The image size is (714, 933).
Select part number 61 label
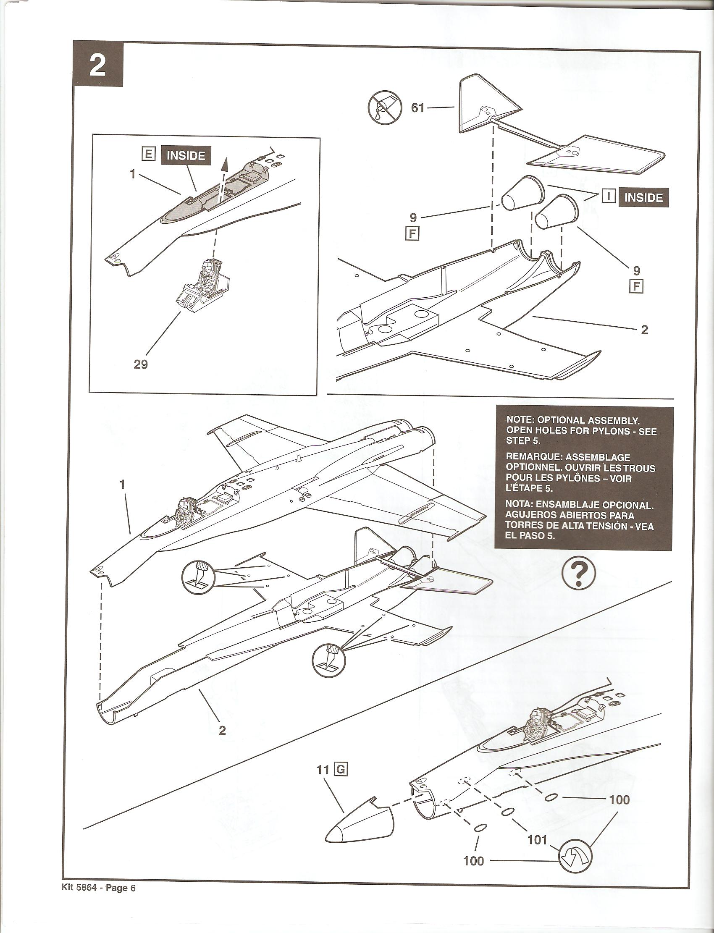coord(418,108)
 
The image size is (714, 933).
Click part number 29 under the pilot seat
coord(141,364)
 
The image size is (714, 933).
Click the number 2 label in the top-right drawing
coord(644,330)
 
